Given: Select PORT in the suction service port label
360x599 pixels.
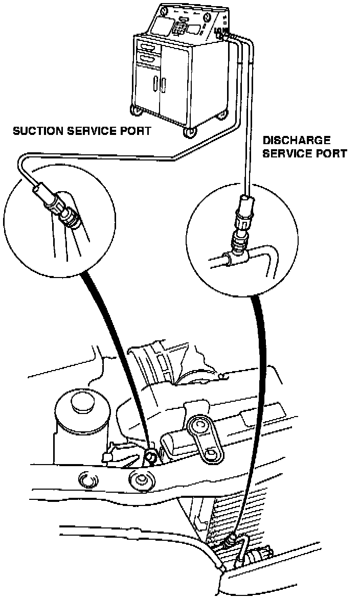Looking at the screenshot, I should pyautogui.click(x=136, y=131).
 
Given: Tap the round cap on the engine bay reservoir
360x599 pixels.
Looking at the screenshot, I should pyautogui.click(x=81, y=403).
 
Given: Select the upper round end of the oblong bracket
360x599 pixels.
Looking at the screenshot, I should pyautogui.click(x=196, y=425).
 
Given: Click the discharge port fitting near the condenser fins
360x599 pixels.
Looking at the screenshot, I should pyautogui.click(x=233, y=538).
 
